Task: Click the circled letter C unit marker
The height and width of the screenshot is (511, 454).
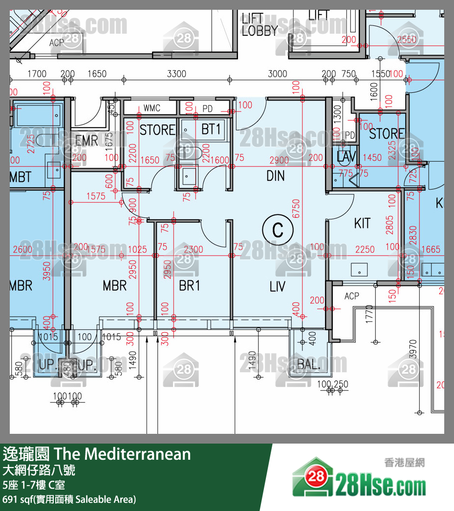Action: tap(278, 230)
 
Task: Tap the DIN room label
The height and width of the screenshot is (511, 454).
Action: tap(276, 176)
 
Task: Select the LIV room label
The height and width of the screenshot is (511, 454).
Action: tap(277, 286)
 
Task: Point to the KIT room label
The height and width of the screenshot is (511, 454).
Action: tap(362, 223)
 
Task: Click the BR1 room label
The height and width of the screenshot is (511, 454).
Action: tap(189, 286)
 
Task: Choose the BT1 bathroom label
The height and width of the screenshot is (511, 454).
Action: tap(211, 129)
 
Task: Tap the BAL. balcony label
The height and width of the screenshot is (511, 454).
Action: tap(308, 364)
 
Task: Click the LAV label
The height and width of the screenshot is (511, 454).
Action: tap(346, 157)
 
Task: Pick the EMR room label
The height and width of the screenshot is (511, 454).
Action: tap(86, 141)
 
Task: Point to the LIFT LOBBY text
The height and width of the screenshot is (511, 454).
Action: tap(259, 25)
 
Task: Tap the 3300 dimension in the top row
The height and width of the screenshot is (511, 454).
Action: tap(176, 74)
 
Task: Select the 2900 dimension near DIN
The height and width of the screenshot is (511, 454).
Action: tap(279, 160)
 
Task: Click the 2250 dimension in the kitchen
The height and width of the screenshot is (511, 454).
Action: tap(365, 250)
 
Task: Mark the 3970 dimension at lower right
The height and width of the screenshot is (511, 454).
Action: tap(414, 350)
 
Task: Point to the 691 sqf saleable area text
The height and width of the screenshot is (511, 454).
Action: tap(69, 499)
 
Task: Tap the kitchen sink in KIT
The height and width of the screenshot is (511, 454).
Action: tap(359, 269)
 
